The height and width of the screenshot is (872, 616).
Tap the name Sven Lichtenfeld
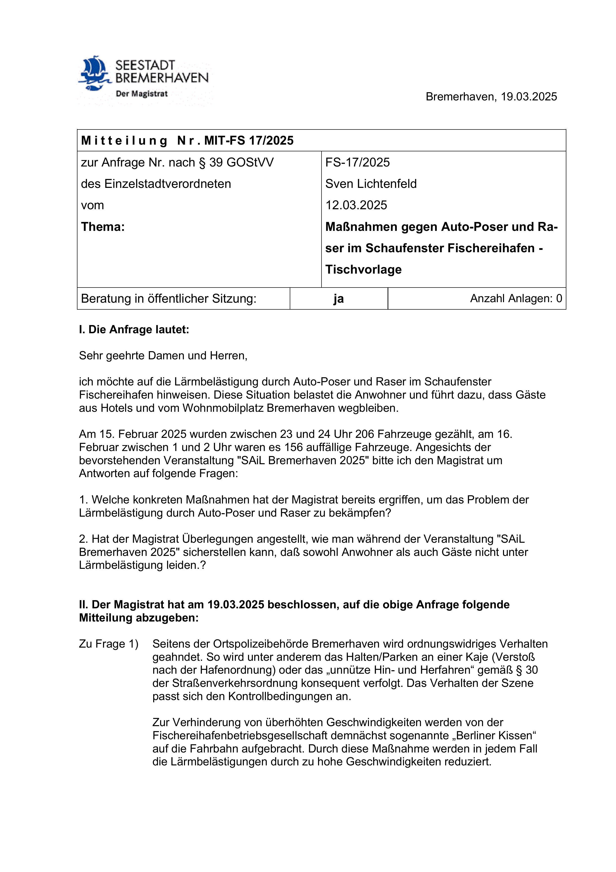pyautogui.click(x=371, y=184)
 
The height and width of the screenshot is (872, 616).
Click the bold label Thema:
pyautogui.click(x=103, y=227)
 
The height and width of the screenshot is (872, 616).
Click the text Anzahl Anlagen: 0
pyautogui.click(x=516, y=298)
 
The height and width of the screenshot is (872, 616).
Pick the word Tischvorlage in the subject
pyautogui.click(x=363, y=270)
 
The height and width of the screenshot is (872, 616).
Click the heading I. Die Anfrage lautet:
pyautogui.click(x=134, y=330)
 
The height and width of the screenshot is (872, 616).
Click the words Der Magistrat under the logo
pyautogui.click(x=142, y=94)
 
